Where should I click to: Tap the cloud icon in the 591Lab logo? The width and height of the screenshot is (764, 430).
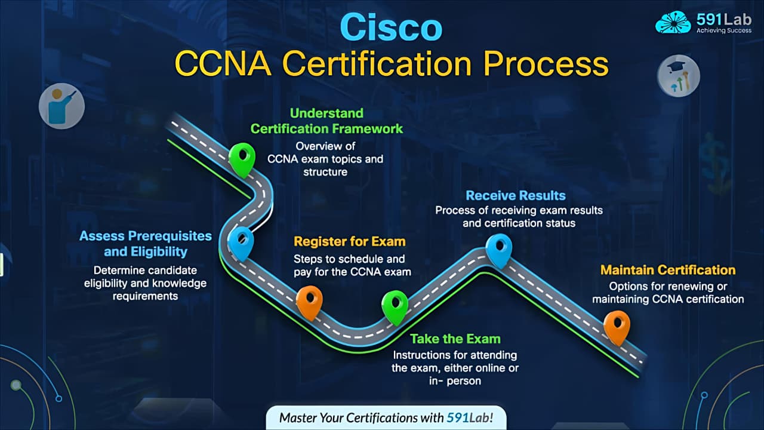click(x=673, y=22)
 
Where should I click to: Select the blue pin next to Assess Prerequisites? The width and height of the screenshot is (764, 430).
click(x=241, y=242)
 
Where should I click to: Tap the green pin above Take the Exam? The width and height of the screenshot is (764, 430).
click(x=395, y=306)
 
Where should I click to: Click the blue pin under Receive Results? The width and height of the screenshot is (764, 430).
click(x=498, y=249)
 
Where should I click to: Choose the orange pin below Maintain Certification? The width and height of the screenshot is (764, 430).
click(x=617, y=326)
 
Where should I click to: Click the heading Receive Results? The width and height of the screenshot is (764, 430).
click(x=515, y=195)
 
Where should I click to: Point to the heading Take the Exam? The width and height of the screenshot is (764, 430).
click(x=455, y=339)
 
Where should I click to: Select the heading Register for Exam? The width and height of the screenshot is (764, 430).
click(x=349, y=242)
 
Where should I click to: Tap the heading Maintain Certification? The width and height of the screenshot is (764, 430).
click(x=668, y=270)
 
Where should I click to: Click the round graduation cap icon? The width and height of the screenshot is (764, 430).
click(x=678, y=76)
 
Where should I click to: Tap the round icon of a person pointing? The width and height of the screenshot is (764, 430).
click(x=61, y=106)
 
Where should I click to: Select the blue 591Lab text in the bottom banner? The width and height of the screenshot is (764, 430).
click(x=469, y=417)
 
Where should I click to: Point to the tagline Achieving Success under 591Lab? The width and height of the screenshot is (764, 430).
click(x=723, y=30)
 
